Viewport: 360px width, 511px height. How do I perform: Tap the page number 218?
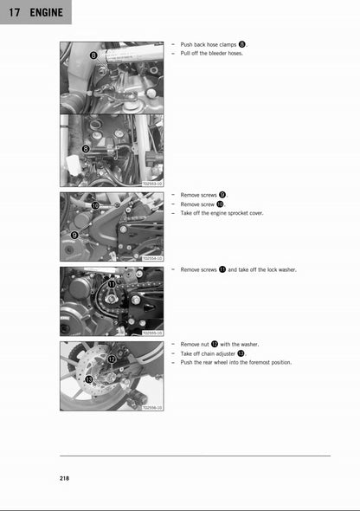66,479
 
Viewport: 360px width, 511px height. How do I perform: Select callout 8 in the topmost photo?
93,56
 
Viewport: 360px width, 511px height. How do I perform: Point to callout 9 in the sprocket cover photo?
74,235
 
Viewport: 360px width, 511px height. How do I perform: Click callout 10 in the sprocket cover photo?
95,205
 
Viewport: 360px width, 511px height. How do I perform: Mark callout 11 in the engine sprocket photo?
111,284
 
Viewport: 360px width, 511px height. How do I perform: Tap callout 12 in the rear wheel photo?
112,358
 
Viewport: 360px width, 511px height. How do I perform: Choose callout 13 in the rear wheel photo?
89,379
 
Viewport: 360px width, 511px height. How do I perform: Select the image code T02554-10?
152,258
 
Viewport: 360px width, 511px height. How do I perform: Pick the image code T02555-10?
152,333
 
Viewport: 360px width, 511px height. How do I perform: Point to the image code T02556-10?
152,407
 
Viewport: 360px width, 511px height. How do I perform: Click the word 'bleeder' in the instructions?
217,53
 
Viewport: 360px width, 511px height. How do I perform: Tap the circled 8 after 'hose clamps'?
242,44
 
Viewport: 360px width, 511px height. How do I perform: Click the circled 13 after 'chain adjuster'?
241,353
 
